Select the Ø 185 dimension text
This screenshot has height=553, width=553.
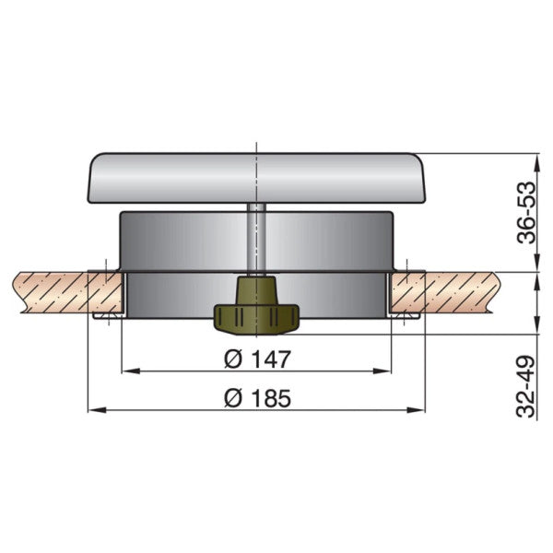pyautogui.click(x=257, y=398)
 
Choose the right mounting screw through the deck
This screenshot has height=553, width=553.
pyautogui.click(x=406, y=293)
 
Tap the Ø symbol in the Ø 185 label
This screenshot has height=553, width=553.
pyautogui.click(x=233, y=398)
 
